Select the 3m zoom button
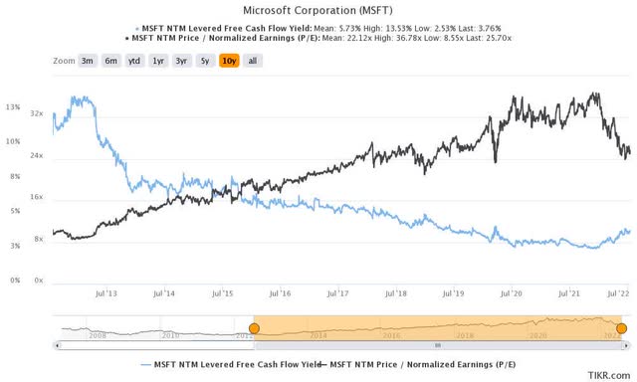(x=88, y=61)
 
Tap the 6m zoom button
(x=110, y=61)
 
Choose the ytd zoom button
(x=134, y=61)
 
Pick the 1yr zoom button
(x=158, y=61)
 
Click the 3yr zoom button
(x=182, y=61)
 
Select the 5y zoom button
(x=205, y=61)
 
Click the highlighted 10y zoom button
(x=229, y=61)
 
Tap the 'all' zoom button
(x=253, y=61)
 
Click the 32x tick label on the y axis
(x=37, y=114)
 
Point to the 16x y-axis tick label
(x=37, y=198)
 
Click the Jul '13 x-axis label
(x=106, y=294)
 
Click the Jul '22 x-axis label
(x=616, y=294)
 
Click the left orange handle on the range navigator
(x=254, y=328)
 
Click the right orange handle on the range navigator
(x=622, y=328)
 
